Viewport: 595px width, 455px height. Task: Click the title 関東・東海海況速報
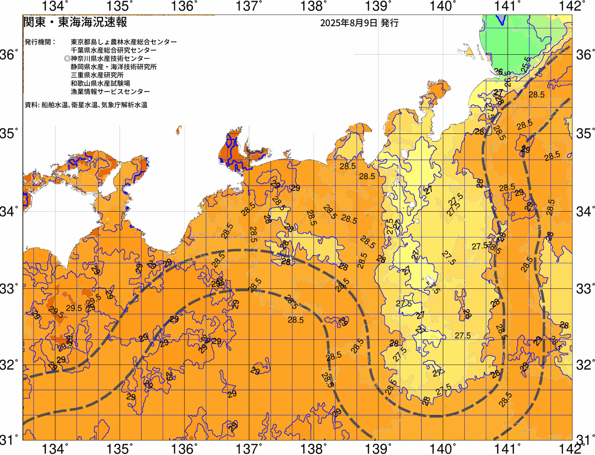(75, 22)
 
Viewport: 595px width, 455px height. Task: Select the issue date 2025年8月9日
(348, 23)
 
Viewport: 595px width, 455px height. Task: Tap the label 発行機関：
(40, 42)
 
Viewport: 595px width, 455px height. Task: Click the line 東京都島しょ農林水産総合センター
(124, 42)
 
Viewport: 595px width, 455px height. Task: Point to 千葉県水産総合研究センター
(113, 50)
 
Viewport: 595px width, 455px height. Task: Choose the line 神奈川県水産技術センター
(110, 58)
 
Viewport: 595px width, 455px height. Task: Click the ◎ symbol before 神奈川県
(67, 58)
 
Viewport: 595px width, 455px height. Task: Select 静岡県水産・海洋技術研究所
(113, 67)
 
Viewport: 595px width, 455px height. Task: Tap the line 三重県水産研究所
(97, 75)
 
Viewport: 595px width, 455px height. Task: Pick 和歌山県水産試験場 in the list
(100, 84)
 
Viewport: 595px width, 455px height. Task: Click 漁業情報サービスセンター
(110, 92)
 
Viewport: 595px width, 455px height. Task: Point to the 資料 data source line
(86, 105)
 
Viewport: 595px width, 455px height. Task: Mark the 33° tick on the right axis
(585, 288)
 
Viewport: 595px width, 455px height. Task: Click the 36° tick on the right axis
(585, 55)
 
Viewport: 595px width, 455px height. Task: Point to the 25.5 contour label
(526, 65)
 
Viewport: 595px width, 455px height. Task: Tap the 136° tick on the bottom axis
(185, 448)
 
